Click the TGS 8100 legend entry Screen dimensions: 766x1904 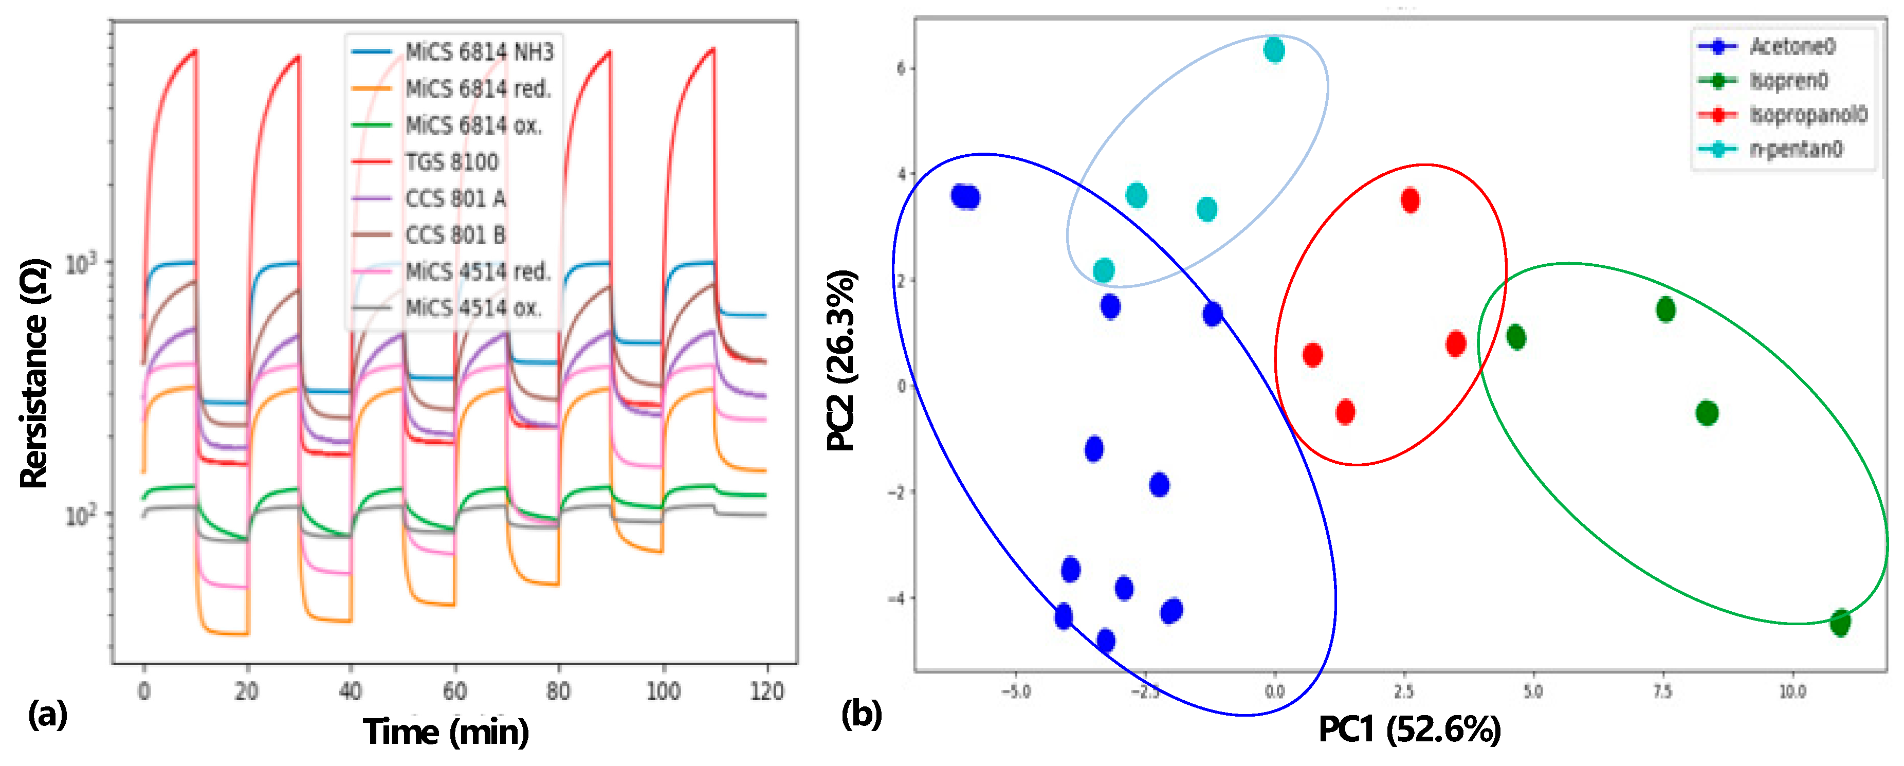(451, 162)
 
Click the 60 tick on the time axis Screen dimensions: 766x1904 (454, 691)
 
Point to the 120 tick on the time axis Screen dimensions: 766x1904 (766, 691)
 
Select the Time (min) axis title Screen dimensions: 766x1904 (446, 732)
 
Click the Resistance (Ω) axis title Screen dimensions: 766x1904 (34, 373)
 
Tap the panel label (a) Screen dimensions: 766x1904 (47, 715)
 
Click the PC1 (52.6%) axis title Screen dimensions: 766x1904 (1409, 730)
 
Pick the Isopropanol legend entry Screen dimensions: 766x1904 (1807, 115)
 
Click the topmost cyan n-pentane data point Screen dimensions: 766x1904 (1273, 50)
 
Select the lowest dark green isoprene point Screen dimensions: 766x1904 (1840, 623)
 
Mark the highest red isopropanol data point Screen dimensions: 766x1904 (1409, 200)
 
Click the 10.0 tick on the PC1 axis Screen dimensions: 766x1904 (1791, 692)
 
